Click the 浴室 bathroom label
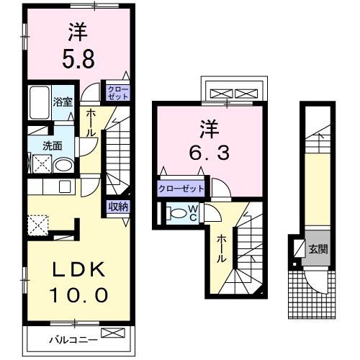[63, 102]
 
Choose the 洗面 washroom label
[52, 145]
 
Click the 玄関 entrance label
[318, 250]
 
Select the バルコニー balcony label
[73, 338]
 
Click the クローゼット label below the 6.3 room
[181, 189]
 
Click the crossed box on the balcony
[113, 333]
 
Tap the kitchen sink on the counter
[63, 186]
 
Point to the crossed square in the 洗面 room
[40, 165]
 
